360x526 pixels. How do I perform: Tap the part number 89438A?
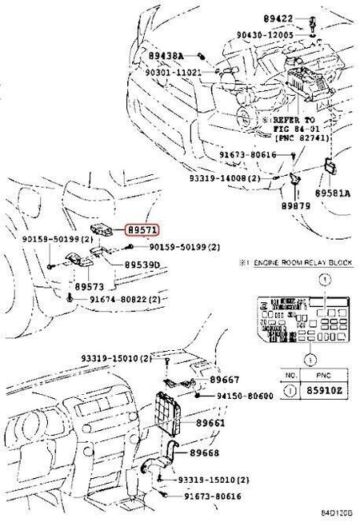point(166,55)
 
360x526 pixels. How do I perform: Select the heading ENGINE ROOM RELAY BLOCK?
point(302,262)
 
